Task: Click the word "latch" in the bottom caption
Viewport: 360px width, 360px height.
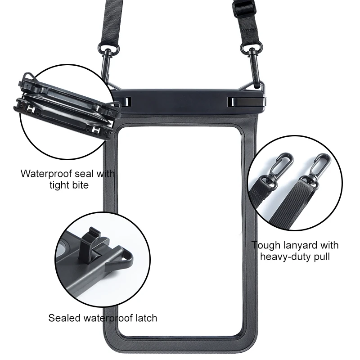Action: click(x=144, y=318)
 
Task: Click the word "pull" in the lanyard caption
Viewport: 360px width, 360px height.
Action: click(x=320, y=257)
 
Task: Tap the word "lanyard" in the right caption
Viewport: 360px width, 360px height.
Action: click(x=301, y=245)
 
